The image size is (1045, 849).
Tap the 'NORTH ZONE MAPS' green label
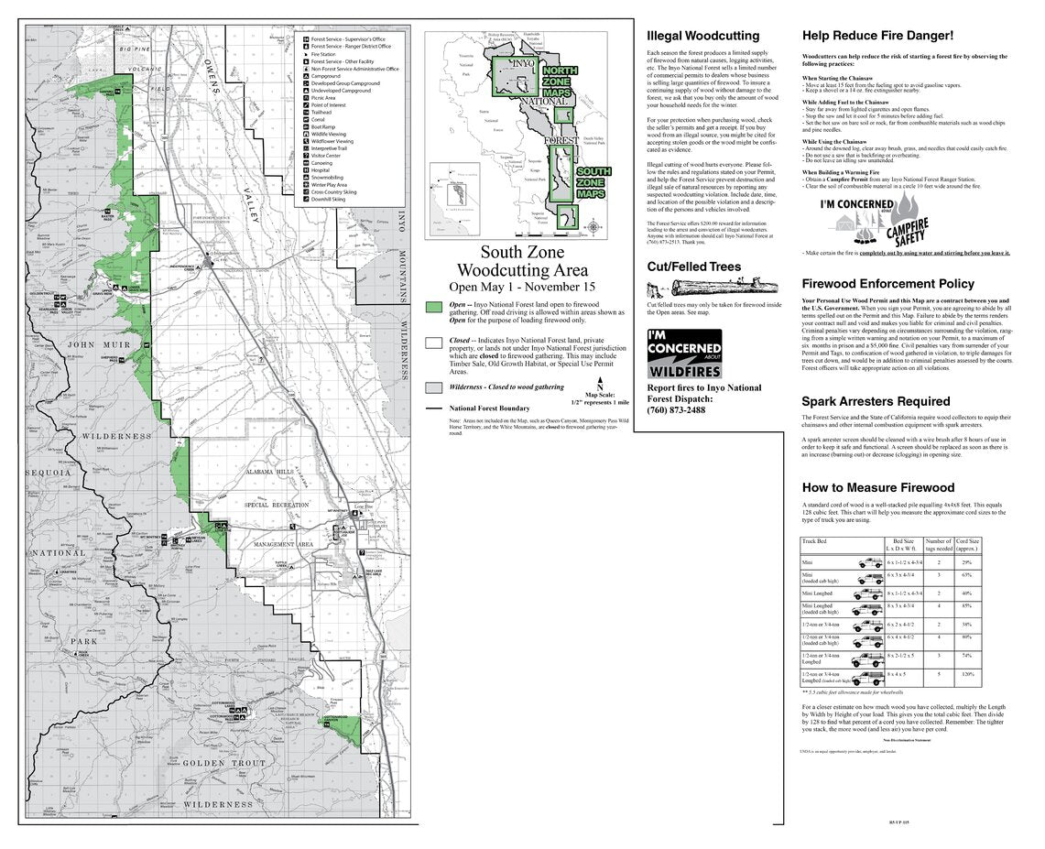[561, 82]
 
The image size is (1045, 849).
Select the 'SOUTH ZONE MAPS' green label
[594, 182]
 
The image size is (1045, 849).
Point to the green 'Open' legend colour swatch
[435, 307]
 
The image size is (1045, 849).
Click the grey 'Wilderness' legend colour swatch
[435, 387]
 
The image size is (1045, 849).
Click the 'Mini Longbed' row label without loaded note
[818, 593]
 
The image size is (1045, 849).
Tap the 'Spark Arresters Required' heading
[876, 401]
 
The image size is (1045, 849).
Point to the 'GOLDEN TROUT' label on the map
[223, 762]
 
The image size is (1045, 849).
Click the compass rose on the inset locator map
[593, 225]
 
